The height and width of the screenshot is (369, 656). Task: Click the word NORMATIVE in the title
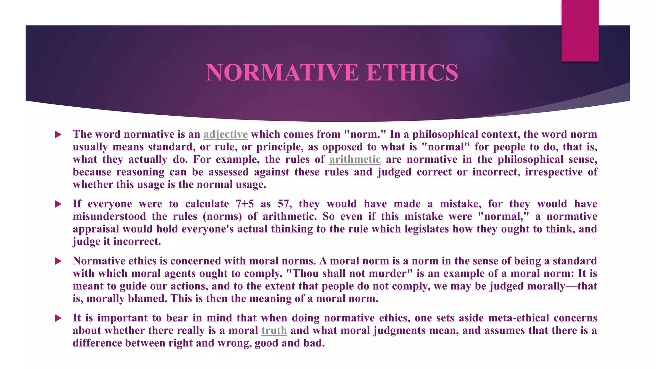point(282,72)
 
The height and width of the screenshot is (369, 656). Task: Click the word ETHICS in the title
point(412,72)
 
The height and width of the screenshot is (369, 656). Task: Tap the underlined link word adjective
point(225,134)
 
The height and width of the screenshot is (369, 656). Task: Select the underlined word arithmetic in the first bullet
point(355,160)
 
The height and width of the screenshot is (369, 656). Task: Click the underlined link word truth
point(274,331)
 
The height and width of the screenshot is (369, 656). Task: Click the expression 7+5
point(245,204)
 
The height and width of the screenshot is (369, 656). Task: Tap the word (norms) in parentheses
point(222,217)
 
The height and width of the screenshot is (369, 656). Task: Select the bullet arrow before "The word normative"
point(58,135)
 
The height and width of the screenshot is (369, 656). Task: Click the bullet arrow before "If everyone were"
point(58,204)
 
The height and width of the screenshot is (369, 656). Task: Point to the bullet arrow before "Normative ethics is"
point(58,261)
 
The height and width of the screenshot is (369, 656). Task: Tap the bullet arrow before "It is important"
point(58,318)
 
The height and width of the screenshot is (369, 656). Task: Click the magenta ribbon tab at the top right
point(580,30)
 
